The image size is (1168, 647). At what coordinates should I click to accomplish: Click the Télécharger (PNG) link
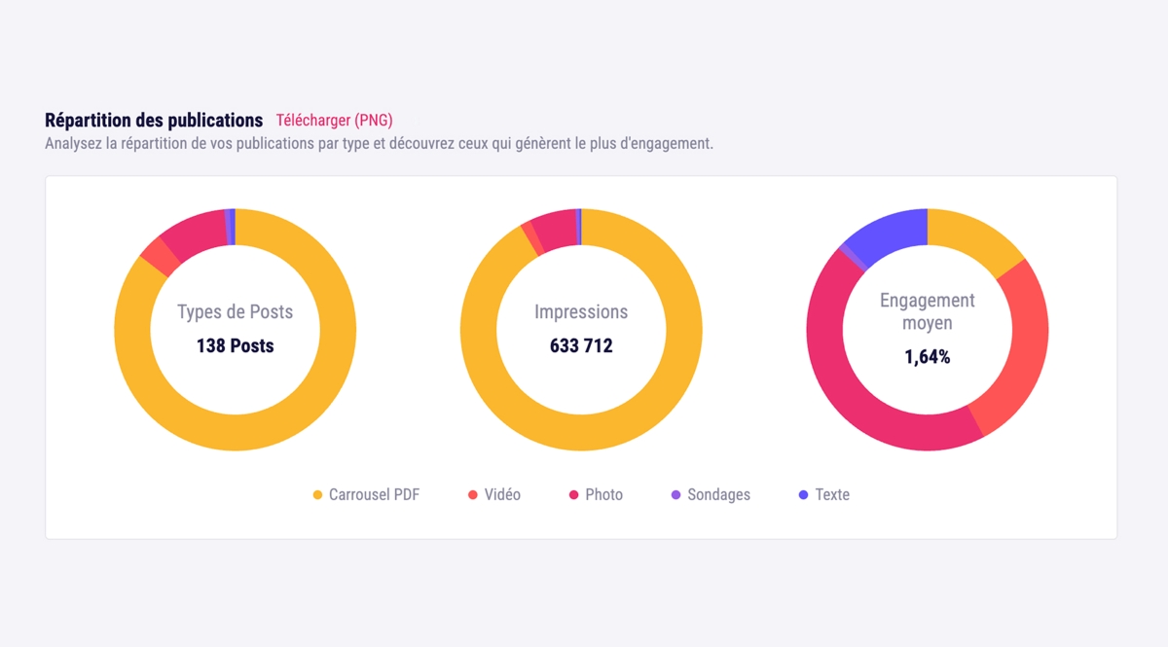click(x=334, y=121)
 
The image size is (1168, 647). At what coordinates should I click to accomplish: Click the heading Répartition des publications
click(x=154, y=121)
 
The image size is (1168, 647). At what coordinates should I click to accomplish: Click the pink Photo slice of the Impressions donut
click(x=556, y=230)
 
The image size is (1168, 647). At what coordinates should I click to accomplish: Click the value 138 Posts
click(x=236, y=345)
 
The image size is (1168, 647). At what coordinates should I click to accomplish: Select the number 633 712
click(x=581, y=345)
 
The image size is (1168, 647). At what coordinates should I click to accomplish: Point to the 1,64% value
click(x=928, y=357)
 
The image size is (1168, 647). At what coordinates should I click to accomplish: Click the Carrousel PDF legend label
click(x=374, y=495)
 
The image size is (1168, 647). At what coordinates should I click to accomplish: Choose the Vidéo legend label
click(x=502, y=495)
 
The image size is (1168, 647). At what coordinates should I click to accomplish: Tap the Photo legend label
click(x=603, y=495)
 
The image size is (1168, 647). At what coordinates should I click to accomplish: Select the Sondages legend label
click(x=718, y=495)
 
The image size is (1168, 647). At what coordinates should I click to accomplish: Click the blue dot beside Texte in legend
click(x=803, y=495)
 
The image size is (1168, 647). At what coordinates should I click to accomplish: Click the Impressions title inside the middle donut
click(x=581, y=312)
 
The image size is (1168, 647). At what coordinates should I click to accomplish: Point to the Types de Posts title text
click(x=236, y=312)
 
